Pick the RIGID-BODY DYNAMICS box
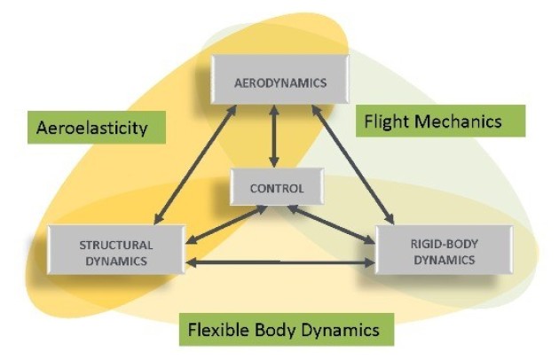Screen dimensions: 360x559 click(x=445, y=252)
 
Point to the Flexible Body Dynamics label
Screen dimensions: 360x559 click(x=288, y=331)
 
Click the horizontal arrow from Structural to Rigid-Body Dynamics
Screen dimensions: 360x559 click(x=279, y=262)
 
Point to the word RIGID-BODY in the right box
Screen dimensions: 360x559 click(x=444, y=245)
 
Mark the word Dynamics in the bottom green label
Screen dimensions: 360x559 click(x=347, y=331)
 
